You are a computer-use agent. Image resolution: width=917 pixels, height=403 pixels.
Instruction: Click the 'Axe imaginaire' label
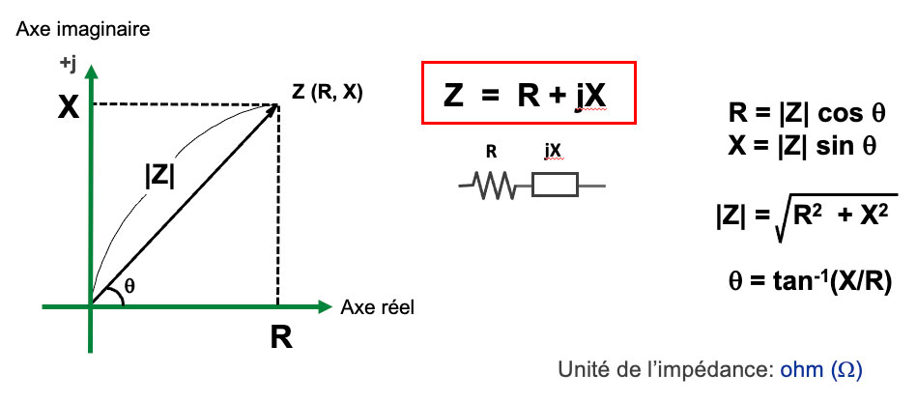(x=82, y=30)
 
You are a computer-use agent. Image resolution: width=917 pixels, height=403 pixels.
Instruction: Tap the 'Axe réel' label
(x=378, y=307)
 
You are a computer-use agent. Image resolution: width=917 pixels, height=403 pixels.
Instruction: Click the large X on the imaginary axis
(x=68, y=106)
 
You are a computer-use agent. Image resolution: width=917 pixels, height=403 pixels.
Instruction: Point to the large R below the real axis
(x=280, y=338)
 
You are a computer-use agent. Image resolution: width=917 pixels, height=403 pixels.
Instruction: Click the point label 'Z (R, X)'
(x=328, y=94)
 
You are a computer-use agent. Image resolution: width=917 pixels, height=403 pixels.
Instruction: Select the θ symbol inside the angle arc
(x=132, y=287)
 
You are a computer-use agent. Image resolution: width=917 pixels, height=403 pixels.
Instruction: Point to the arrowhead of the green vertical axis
(x=91, y=71)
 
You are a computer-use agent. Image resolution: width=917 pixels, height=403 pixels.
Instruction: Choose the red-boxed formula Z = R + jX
(x=528, y=94)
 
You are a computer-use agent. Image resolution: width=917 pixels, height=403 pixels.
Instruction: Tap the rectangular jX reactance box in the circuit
(x=555, y=186)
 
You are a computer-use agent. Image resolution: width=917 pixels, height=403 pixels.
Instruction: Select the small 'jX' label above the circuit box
(x=554, y=152)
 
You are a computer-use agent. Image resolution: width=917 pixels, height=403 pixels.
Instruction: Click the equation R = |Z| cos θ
(x=806, y=113)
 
